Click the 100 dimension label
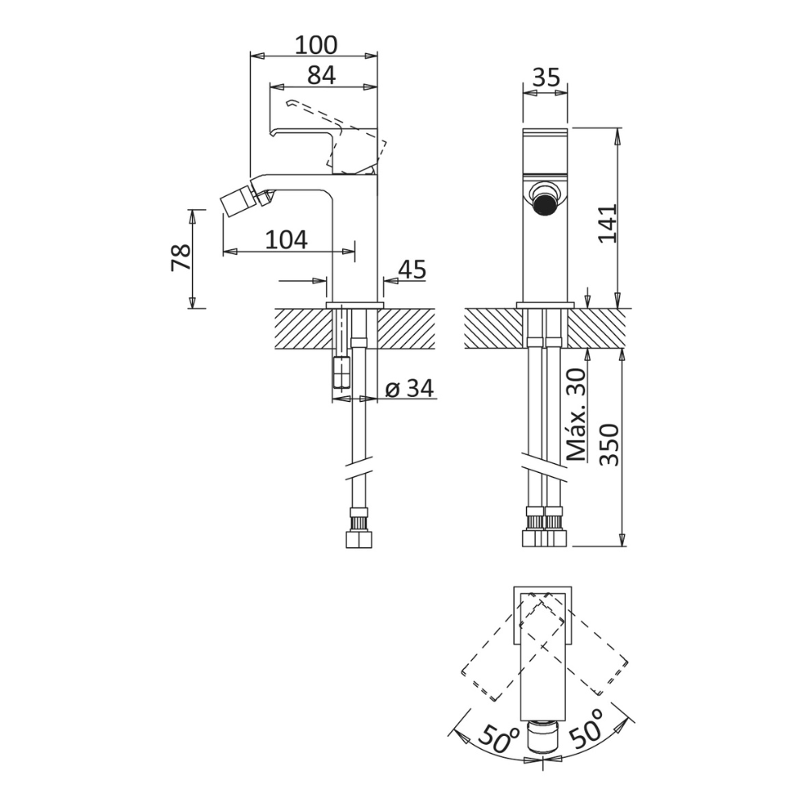tap(316, 44)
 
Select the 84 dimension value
tap(322, 75)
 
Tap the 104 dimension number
tap(286, 240)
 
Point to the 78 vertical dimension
tap(181, 257)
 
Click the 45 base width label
tap(412, 270)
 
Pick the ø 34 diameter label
tap(410, 389)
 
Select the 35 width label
tap(546, 77)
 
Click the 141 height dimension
tap(608, 223)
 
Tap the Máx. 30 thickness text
tap(576, 414)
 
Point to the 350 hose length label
tap(609, 445)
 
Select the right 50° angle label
tap(586, 727)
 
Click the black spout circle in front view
tap(545, 204)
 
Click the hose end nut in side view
tap(360, 540)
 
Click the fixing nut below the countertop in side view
tap(341, 371)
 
